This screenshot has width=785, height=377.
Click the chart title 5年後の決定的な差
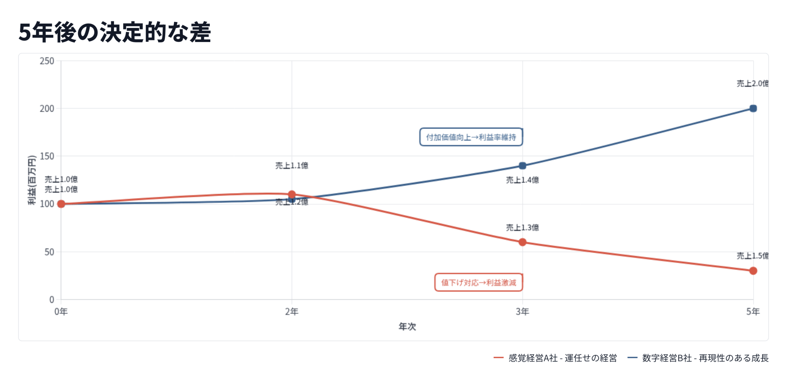(x=114, y=32)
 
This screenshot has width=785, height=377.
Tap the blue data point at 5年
(x=753, y=108)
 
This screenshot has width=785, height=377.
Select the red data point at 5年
(x=753, y=271)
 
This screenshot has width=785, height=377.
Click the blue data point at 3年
(x=522, y=166)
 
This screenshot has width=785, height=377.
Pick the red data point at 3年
(x=522, y=242)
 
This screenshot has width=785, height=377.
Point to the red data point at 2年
(x=292, y=194)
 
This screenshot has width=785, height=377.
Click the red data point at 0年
(x=61, y=204)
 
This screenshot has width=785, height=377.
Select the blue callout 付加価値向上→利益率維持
(x=471, y=137)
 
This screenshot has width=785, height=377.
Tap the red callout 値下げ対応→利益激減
(x=478, y=282)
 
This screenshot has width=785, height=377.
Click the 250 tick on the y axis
(x=47, y=61)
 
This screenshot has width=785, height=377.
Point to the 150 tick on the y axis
(x=47, y=156)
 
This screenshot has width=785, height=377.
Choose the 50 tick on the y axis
(x=49, y=252)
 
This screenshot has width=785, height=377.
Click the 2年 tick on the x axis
(x=292, y=312)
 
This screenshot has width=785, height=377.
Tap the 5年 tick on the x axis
(x=753, y=312)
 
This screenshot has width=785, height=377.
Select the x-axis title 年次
(x=407, y=326)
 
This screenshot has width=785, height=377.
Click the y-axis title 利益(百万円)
(x=32, y=180)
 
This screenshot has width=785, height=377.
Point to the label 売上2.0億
(x=752, y=84)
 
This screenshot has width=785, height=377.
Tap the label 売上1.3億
(x=522, y=227)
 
